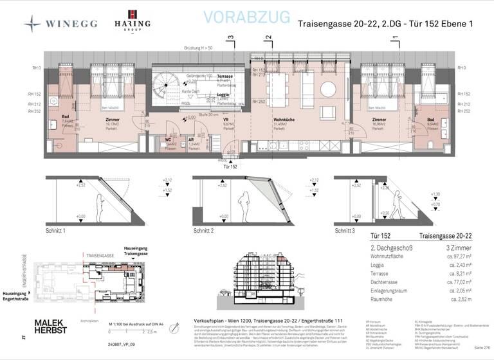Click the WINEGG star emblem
(33, 23)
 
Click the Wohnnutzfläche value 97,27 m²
(455, 256)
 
